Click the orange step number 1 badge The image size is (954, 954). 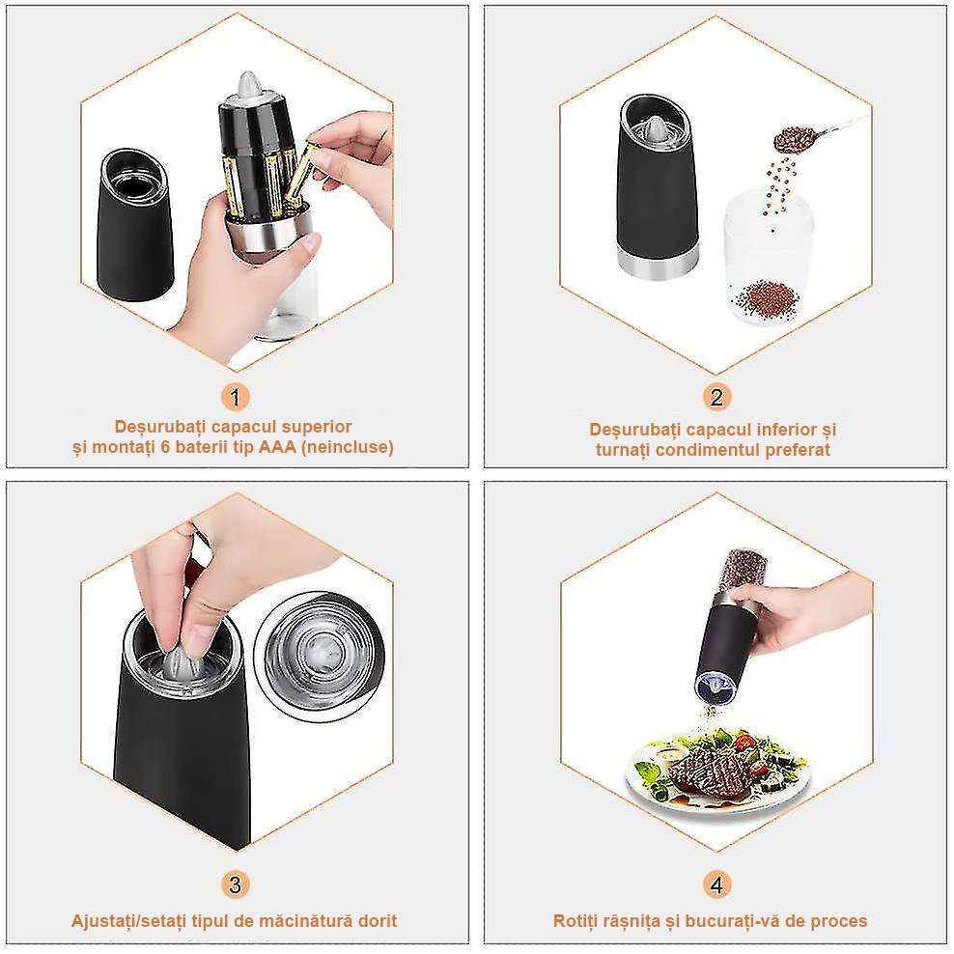[x=236, y=397]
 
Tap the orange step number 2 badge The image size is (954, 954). [x=716, y=397]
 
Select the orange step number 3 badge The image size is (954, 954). [x=236, y=884]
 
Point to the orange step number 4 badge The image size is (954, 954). [x=716, y=884]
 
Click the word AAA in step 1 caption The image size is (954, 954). [x=277, y=447]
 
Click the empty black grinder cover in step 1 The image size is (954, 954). [x=134, y=225]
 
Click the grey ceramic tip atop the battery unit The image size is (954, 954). [x=247, y=85]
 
